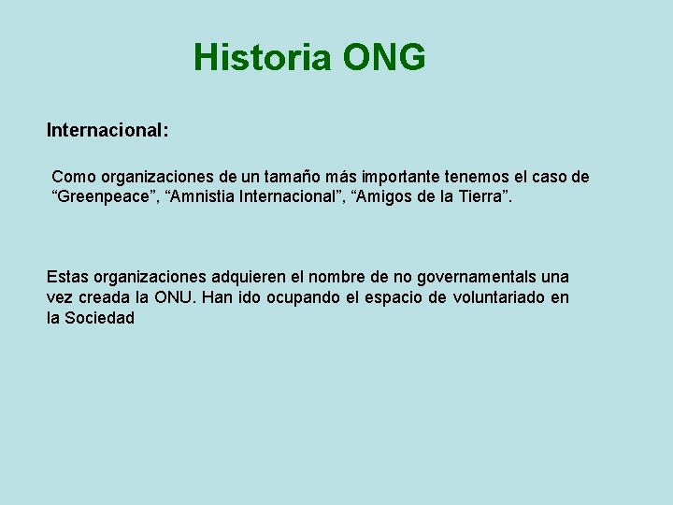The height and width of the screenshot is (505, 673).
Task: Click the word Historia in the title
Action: tap(262, 58)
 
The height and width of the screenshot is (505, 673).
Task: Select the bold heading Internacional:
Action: tap(107, 131)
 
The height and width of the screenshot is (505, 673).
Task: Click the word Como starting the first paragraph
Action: tap(73, 177)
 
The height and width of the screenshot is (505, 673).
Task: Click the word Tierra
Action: tap(482, 198)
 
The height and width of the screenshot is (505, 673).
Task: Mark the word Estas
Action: tap(67, 277)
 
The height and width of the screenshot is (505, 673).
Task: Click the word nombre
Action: tap(336, 277)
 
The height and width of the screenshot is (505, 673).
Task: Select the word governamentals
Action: tap(470, 277)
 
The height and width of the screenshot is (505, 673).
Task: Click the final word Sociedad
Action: tap(99, 318)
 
